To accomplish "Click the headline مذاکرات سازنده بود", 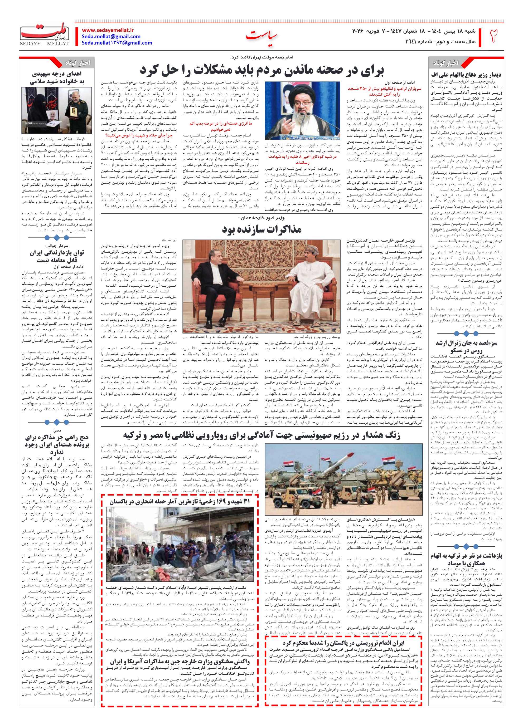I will coord(262,229).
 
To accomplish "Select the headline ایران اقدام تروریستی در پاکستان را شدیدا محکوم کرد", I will coord(343,634).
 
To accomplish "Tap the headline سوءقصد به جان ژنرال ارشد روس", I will coord(466,346).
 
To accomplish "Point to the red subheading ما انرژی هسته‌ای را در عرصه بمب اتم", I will coord(221,126).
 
